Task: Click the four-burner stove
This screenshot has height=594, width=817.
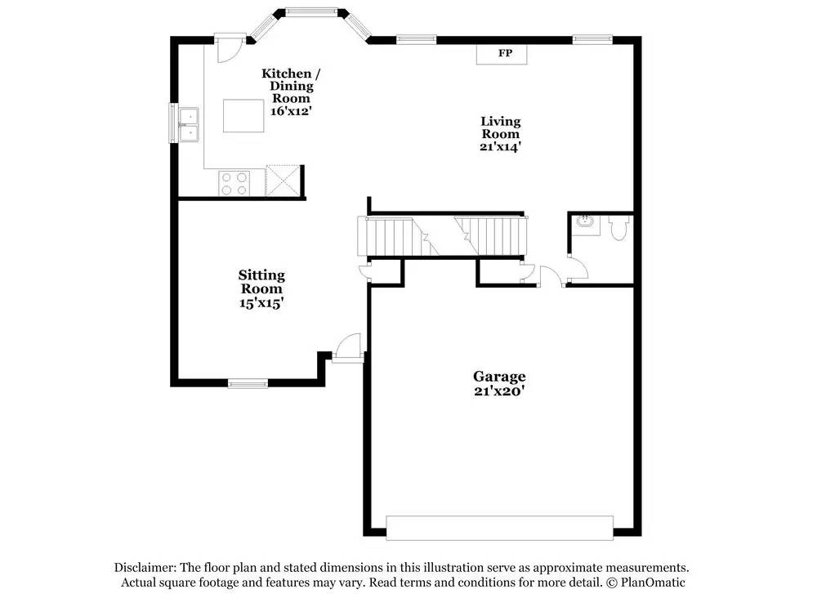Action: [234, 183]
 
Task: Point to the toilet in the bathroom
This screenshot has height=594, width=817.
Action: [618, 228]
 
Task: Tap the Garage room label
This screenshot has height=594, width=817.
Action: [499, 377]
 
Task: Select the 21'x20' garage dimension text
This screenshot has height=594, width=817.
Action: [498, 391]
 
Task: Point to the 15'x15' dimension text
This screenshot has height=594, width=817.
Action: [261, 302]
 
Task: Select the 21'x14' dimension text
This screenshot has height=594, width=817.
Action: [500, 147]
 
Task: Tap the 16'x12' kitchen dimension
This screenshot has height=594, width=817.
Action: [291, 109]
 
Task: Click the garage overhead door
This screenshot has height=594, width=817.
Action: [499, 528]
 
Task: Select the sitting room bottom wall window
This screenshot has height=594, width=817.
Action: [248, 383]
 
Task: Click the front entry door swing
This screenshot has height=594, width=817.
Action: [349, 346]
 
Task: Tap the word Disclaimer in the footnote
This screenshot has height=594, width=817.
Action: [144, 568]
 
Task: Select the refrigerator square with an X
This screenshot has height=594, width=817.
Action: [283, 180]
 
